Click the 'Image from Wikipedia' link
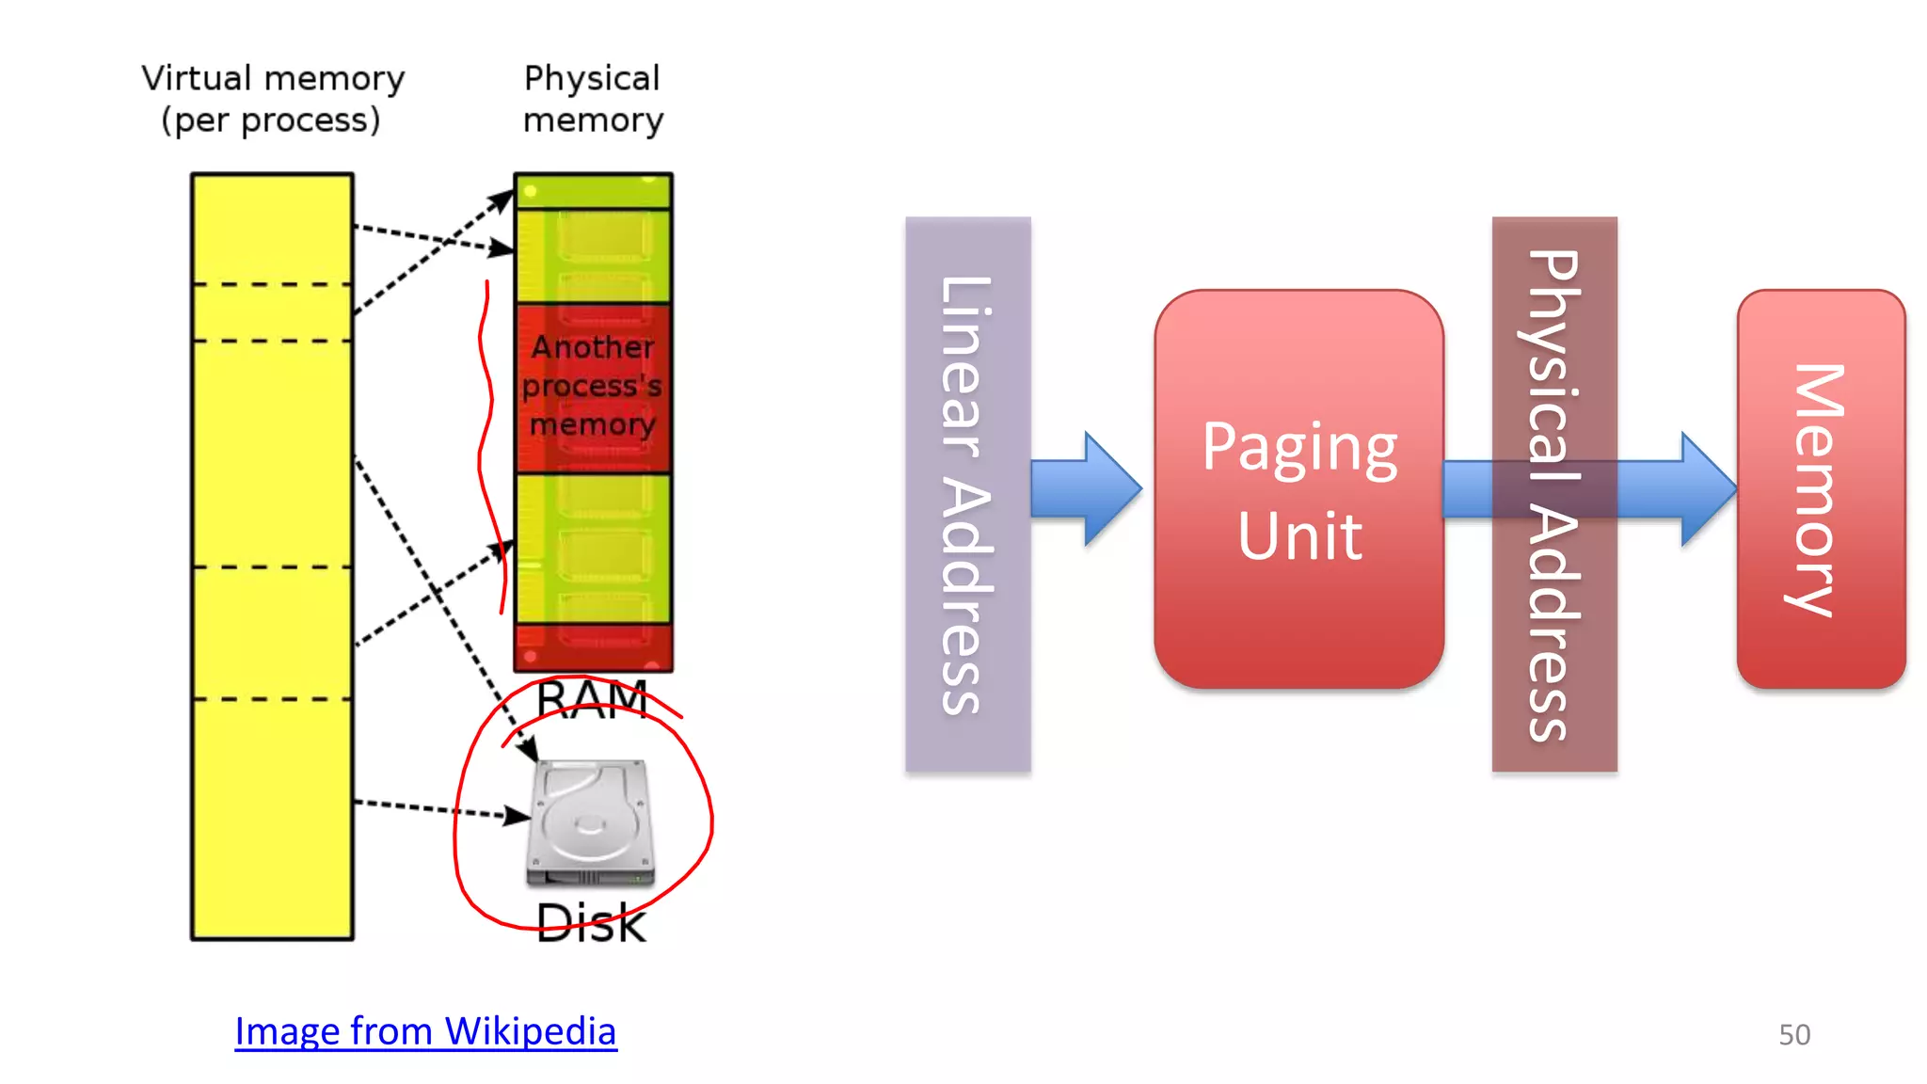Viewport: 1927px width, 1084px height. pos(425,1031)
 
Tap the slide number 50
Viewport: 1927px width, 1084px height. pos(1793,1034)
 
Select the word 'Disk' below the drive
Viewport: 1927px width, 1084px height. pos(591,923)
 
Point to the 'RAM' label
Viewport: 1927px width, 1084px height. pos(592,699)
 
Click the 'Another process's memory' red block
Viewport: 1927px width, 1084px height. pos(593,387)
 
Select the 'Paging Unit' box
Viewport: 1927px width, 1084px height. pos(1298,488)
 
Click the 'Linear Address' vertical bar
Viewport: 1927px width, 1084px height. pos(967,495)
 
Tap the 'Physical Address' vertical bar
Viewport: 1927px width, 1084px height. pos(1553,495)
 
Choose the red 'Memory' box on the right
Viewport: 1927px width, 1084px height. pos(1820,488)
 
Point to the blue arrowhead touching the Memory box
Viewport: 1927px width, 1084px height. pos(1708,488)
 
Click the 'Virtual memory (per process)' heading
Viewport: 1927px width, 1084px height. pos(273,99)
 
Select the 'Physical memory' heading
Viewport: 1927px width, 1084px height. pos(593,99)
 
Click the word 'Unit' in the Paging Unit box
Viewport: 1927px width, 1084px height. pos(1298,536)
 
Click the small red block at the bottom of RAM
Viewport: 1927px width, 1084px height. pos(593,647)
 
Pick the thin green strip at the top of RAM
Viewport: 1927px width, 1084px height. pos(593,191)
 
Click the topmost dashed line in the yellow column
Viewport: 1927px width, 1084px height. pos(272,283)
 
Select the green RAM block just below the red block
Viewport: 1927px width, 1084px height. pos(593,548)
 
